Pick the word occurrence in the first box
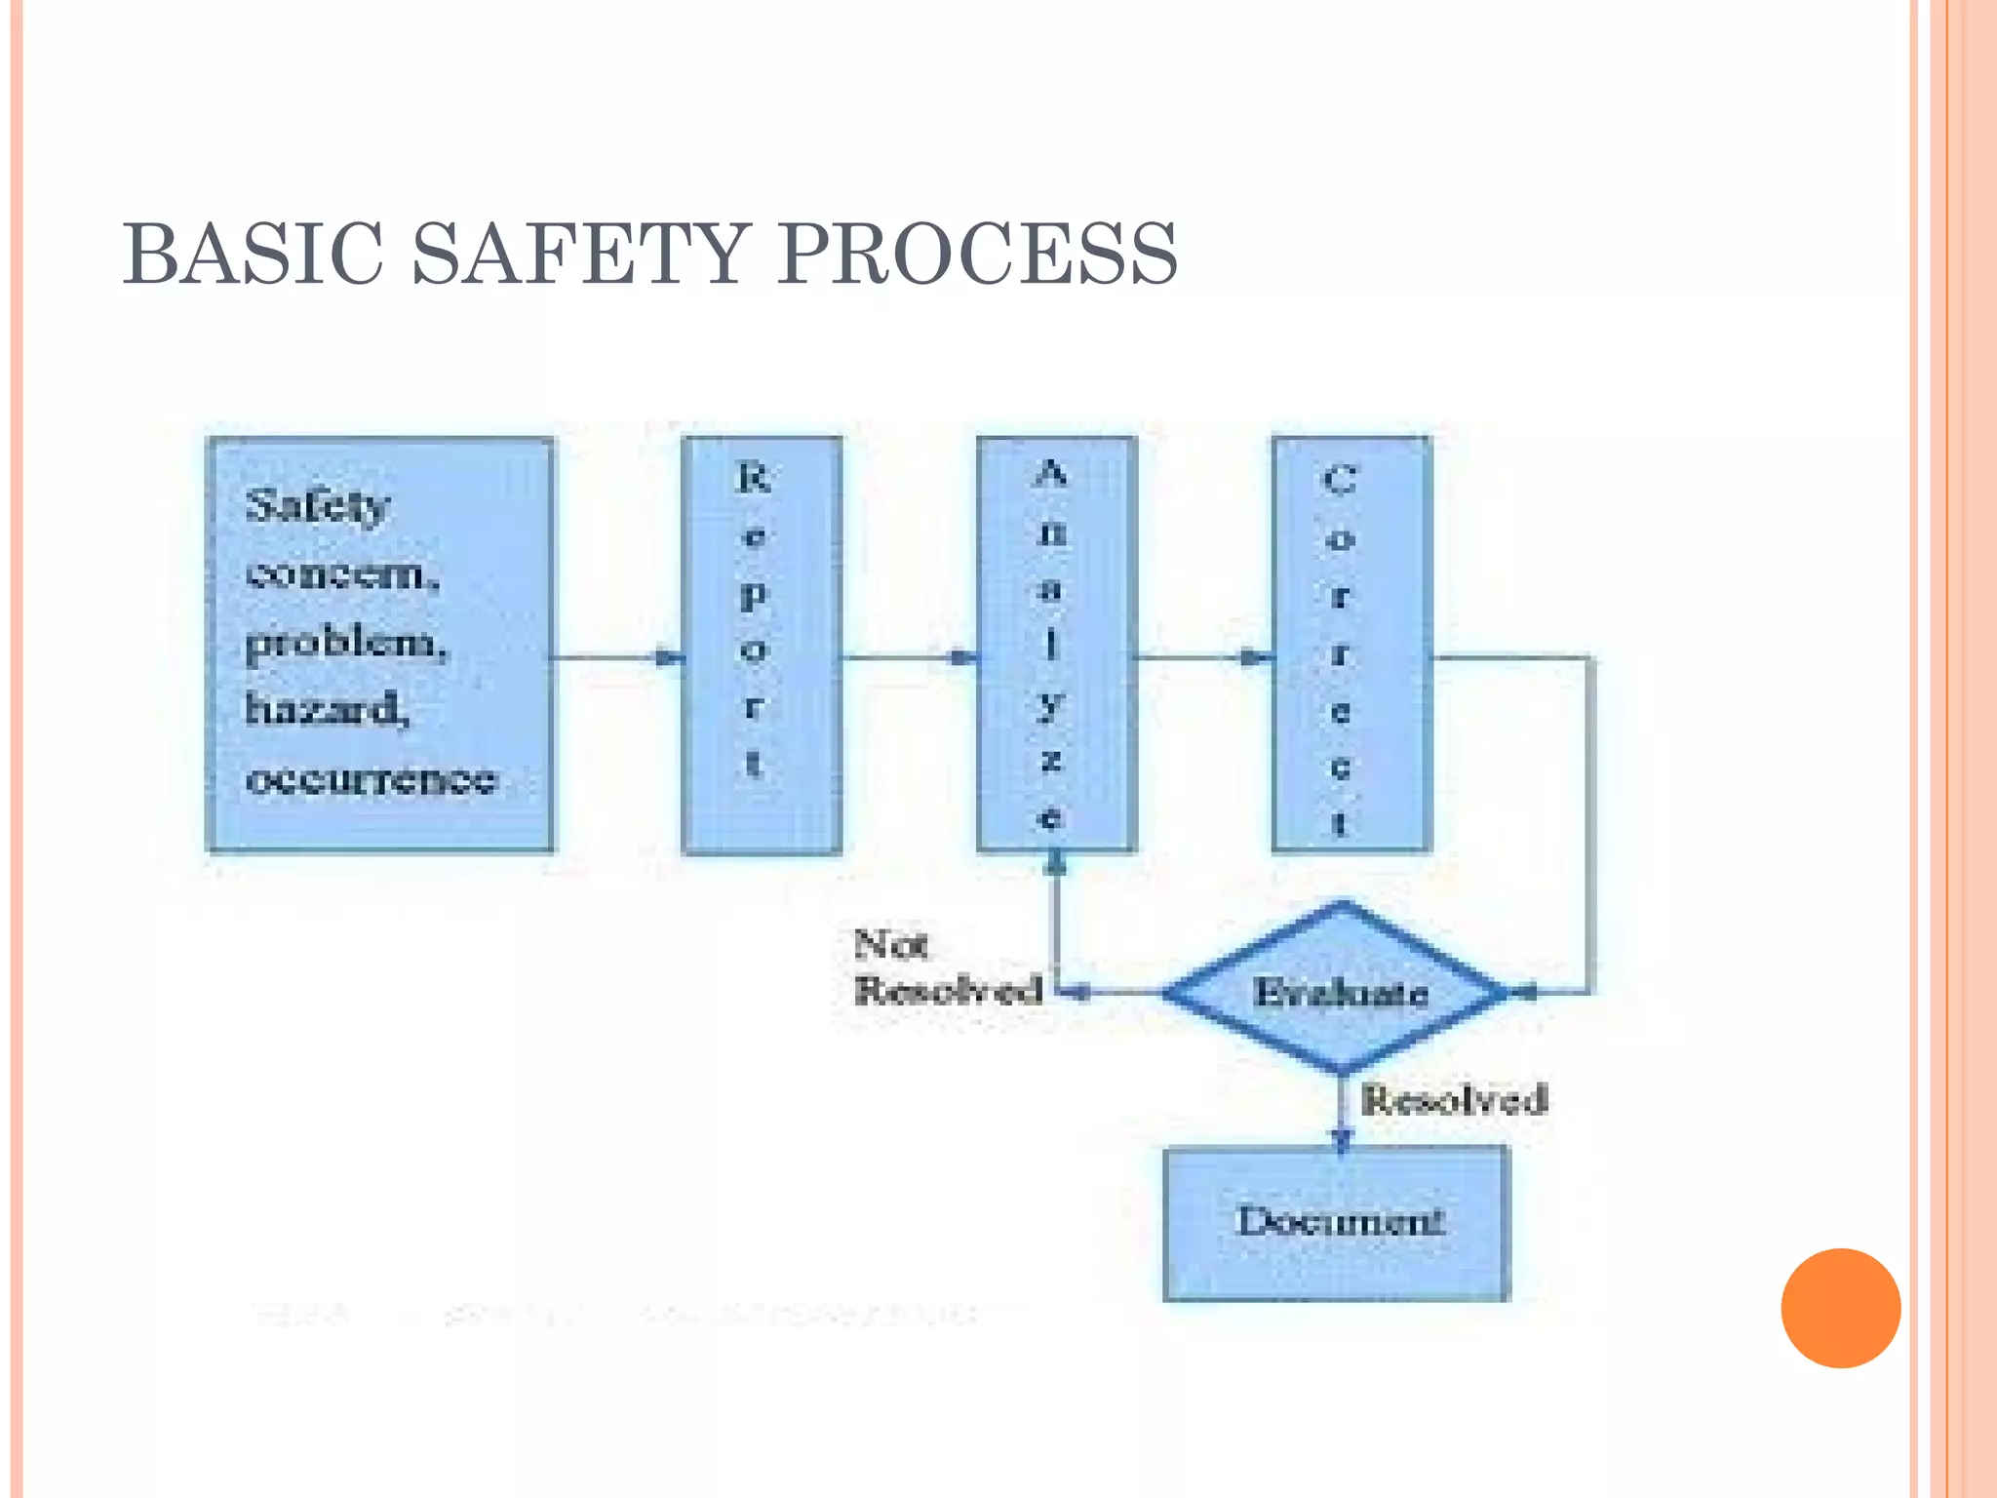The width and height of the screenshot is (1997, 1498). click(x=372, y=779)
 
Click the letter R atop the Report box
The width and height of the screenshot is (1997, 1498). click(x=754, y=478)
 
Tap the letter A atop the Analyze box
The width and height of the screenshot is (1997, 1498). click(x=1050, y=474)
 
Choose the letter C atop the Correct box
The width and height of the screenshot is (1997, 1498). click(x=1340, y=480)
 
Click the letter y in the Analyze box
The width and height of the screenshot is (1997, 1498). click(x=1050, y=703)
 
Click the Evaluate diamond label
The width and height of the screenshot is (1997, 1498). click(x=1341, y=992)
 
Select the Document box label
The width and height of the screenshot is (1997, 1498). click(x=1340, y=1220)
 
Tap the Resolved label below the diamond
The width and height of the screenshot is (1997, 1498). click(x=1454, y=1100)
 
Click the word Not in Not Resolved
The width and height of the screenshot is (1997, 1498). click(x=890, y=944)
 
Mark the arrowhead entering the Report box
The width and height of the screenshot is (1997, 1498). click(x=670, y=658)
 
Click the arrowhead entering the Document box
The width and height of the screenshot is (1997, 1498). click(x=1342, y=1137)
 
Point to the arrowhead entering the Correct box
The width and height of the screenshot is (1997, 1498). click(x=1258, y=658)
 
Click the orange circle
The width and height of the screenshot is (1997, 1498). click(x=1840, y=1308)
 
